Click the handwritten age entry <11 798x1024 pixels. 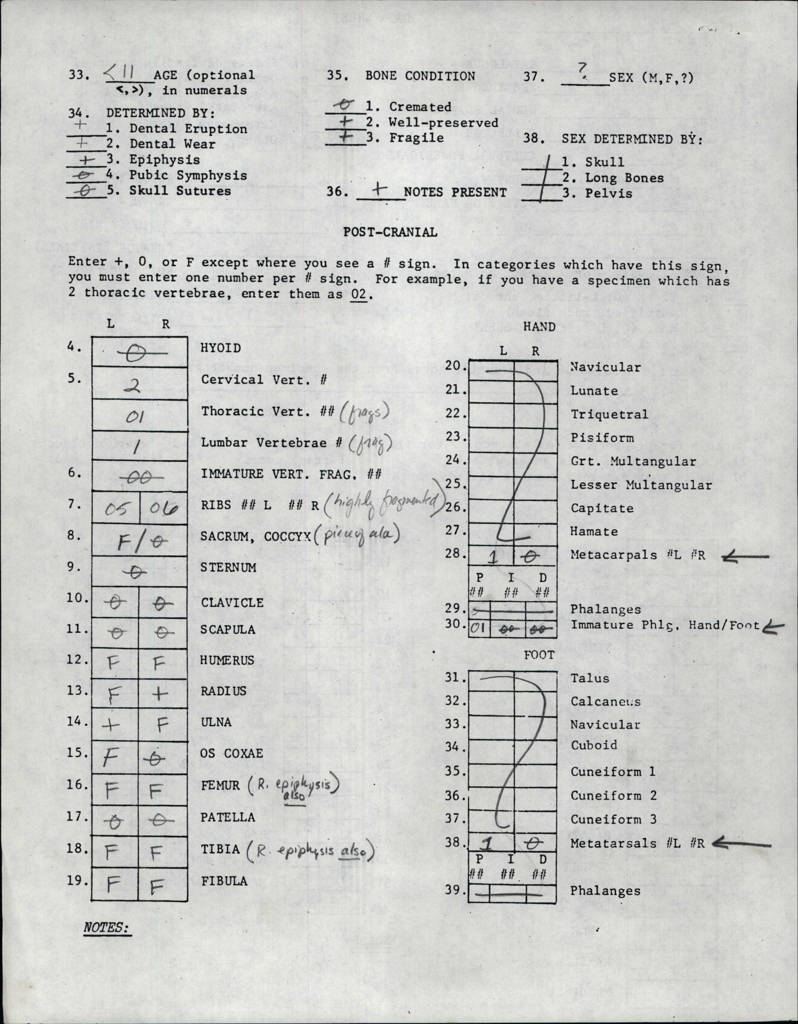pyautogui.click(x=122, y=74)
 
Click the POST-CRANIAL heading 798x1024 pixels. pyautogui.click(x=390, y=232)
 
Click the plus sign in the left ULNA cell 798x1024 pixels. pyautogui.click(x=111, y=725)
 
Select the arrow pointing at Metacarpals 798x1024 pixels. pyautogui.click(x=746, y=557)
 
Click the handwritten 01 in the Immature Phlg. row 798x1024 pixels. pyautogui.click(x=477, y=628)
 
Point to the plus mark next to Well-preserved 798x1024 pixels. pyautogui.click(x=346, y=121)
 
